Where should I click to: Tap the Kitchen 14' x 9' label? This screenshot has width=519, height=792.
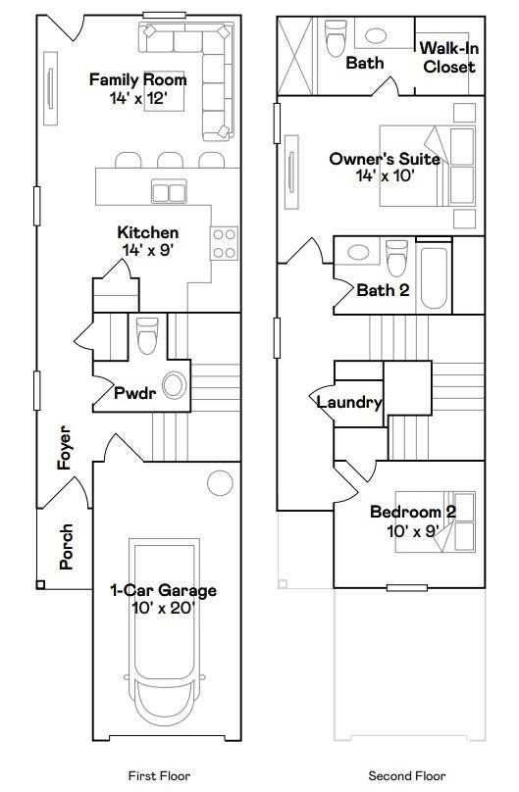coord(148,241)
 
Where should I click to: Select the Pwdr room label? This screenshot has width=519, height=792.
coord(134,393)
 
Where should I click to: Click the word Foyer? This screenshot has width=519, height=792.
coord(66,447)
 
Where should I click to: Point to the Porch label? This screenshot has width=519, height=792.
coord(66,547)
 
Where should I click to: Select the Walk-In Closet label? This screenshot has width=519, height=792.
coord(447,58)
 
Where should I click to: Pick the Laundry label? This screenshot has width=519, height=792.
coord(348,402)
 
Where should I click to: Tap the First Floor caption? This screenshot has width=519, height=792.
coord(159,775)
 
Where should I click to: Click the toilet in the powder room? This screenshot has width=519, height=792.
coord(147,335)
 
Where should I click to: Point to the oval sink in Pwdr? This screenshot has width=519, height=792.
coord(175,386)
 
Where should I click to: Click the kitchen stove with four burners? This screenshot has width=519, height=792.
coord(225,242)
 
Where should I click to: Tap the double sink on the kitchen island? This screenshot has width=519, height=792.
coord(168,191)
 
